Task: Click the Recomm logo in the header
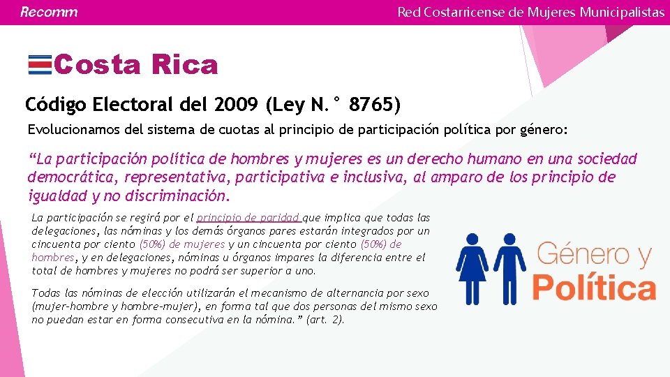pos(48,12)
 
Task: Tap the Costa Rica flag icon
pos(39,65)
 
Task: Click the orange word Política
pos(594,287)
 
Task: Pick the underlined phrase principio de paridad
pos(248,218)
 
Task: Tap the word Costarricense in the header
pos(471,12)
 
